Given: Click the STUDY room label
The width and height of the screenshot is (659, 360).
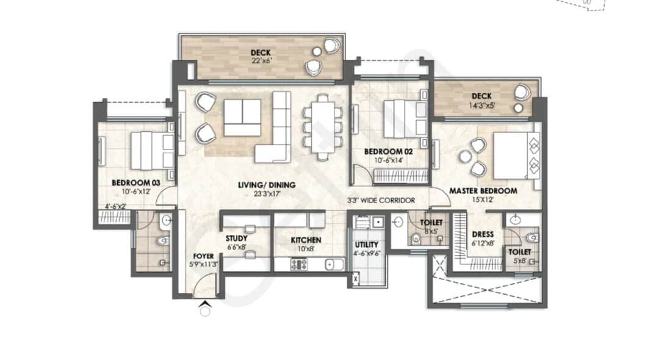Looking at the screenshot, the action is pos(237,239).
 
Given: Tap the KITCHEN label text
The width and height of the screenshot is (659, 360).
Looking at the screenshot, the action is pos(306,240).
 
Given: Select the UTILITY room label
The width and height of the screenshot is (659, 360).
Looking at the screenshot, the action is pos(367,245).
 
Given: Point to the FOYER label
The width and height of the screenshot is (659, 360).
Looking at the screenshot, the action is pos(203,256).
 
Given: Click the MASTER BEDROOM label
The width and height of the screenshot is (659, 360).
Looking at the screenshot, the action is pos(483,191).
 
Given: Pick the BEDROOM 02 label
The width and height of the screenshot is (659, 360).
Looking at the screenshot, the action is pos(388,152).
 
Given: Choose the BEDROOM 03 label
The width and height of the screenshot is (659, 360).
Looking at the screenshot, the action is pos(135,182).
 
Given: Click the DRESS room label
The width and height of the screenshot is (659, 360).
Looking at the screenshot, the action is pos(483,234).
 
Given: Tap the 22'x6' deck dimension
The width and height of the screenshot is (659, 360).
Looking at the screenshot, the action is pos(261,60).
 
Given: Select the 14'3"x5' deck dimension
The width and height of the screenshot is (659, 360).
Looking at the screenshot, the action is pos(481,105).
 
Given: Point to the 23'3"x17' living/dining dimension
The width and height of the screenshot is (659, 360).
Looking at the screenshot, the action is pos(267,193).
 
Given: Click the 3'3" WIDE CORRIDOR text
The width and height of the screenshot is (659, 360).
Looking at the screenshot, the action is pos(381,201).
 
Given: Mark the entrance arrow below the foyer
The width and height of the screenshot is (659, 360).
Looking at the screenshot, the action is pos(205,304).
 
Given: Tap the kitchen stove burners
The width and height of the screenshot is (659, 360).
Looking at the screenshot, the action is pos(299,264).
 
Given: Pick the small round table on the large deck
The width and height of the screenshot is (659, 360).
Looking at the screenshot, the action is pos(317,51).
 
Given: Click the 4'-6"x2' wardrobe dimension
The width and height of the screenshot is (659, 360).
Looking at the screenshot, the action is pos(115,206).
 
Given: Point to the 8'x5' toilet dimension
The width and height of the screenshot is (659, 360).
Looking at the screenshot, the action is pos(431,231).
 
